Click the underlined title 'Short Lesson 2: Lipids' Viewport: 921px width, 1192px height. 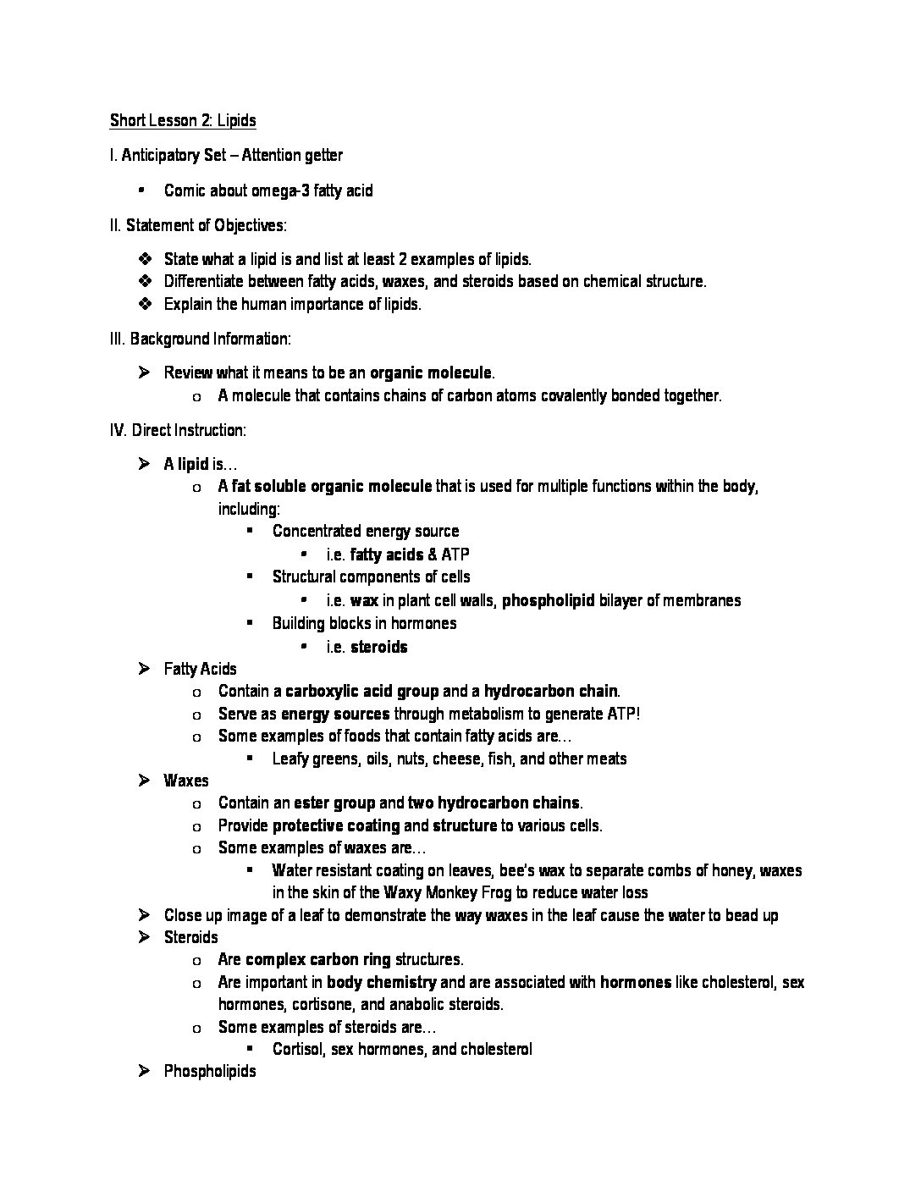click(x=183, y=120)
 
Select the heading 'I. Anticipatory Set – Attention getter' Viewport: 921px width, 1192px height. click(x=226, y=156)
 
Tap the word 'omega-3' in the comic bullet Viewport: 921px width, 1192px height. click(x=281, y=190)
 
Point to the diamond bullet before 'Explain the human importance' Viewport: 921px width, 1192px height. click(x=143, y=304)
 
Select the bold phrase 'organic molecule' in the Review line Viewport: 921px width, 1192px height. click(x=431, y=372)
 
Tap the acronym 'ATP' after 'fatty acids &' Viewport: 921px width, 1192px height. click(x=455, y=555)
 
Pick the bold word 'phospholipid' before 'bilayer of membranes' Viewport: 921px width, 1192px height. click(x=549, y=600)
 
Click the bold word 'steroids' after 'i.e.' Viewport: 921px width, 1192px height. click(x=378, y=647)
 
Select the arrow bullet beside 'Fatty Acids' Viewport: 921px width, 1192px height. click(x=143, y=669)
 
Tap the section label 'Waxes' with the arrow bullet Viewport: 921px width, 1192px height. click(x=186, y=781)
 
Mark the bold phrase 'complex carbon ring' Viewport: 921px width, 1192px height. click(x=317, y=960)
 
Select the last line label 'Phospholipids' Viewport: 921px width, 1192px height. click(x=210, y=1072)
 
